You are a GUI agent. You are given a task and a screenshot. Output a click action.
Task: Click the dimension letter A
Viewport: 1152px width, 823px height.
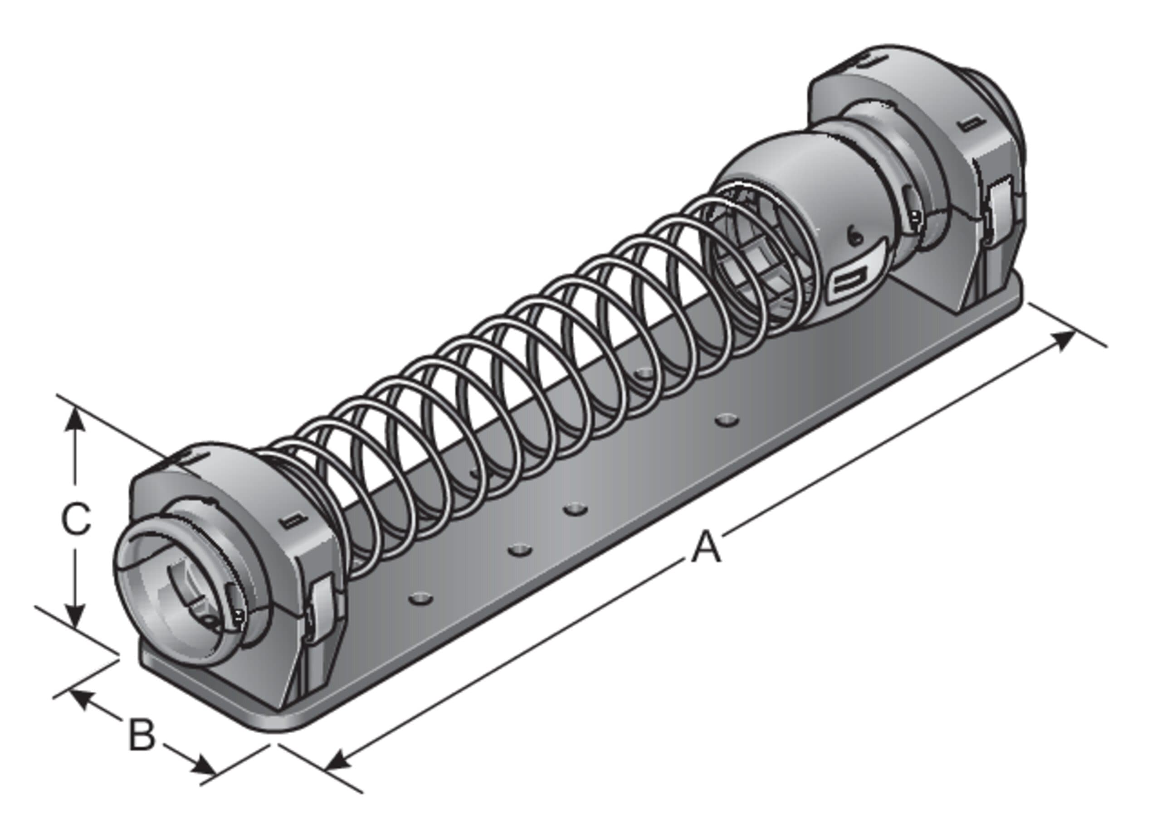pyautogui.click(x=706, y=548)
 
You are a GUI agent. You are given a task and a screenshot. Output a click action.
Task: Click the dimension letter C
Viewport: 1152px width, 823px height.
pyautogui.click(x=76, y=519)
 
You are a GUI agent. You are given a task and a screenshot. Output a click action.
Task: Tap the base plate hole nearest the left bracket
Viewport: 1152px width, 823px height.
pyautogui.click(x=420, y=598)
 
